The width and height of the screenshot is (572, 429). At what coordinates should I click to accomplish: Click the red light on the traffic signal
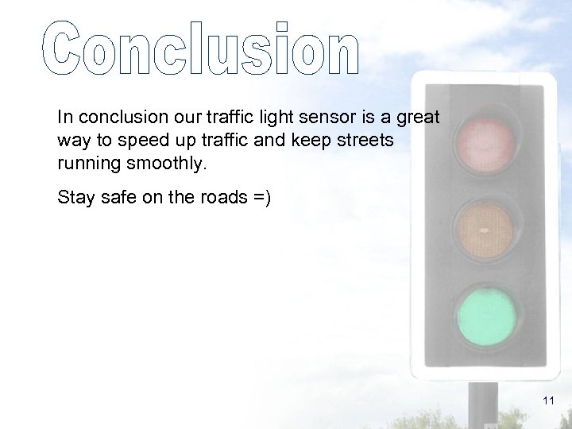coord(484,145)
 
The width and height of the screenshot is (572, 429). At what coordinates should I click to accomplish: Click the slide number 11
coord(548,401)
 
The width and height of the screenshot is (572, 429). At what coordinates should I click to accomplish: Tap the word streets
coord(366,140)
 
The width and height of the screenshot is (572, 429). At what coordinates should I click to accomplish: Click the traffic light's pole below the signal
coord(482,405)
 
